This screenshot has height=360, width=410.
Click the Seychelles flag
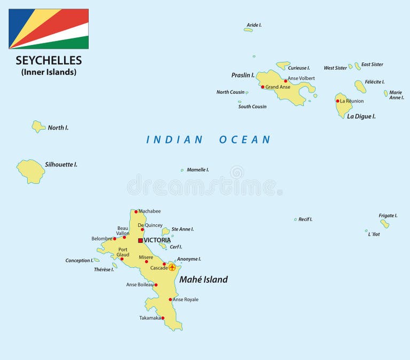point(49,29)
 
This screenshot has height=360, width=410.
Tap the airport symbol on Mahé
point(172,267)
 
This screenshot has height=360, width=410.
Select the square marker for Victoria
point(140,240)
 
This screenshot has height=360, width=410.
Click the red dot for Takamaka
point(162,318)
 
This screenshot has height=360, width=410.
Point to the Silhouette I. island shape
point(31,170)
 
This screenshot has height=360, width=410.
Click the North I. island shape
point(38,127)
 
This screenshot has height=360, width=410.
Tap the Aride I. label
point(254,25)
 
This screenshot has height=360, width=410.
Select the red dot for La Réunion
point(337,101)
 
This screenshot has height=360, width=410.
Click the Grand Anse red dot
point(262,87)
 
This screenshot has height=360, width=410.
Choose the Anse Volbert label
point(301,78)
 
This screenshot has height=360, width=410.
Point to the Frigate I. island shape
point(384,224)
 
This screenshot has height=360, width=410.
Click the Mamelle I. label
point(198,170)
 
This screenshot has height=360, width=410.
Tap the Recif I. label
point(305,219)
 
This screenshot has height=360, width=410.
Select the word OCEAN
point(245,140)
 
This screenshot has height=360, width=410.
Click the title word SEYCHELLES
point(49,60)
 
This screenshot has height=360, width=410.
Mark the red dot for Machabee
point(136,212)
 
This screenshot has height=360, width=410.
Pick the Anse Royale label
point(185,300)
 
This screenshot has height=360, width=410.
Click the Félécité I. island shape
point(360,87)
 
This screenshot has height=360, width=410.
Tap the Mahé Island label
point(203,279)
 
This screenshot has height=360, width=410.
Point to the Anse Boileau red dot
point(156,285)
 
